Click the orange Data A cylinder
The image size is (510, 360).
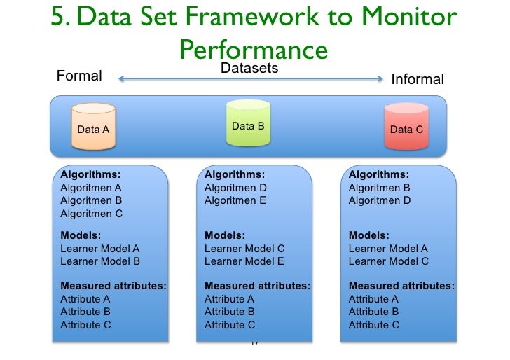(93, 127)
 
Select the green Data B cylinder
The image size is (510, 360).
(248, 124)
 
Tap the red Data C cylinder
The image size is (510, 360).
(406, 127)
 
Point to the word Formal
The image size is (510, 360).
(79, 76)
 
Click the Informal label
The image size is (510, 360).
(418, 80)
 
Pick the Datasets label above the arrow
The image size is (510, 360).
(249, 68)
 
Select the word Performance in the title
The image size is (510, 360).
(254, 50)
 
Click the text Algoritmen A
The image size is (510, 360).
(91, 188)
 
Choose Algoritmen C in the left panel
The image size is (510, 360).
(91, 214)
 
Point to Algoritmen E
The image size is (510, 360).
(235, 200)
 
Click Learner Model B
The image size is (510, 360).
(100, 261)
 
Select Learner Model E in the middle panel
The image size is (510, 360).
(244, 261)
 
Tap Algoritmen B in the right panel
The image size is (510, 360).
(380, 188)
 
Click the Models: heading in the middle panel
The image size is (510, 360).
(223, 236)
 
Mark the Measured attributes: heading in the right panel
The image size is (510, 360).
(401, 286)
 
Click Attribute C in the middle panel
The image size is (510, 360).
(230, 325)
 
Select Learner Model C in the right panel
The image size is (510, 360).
(389, 261)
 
